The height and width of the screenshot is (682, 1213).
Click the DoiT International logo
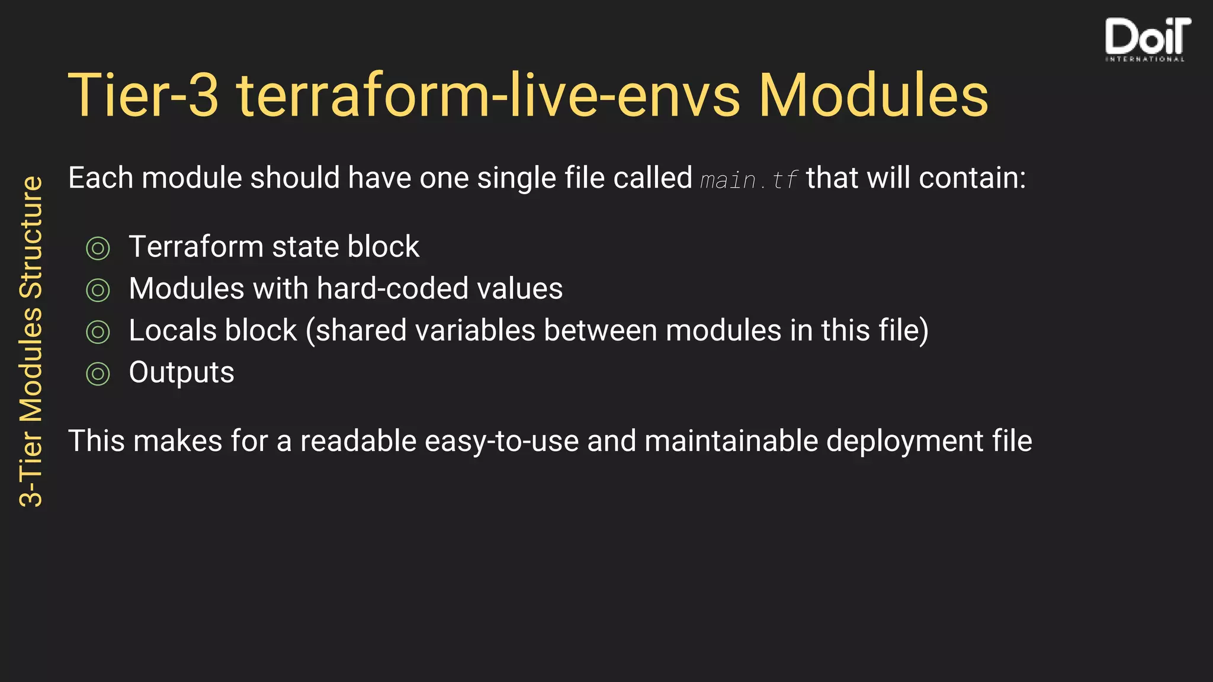pyautogui.click(x=1147, y=39)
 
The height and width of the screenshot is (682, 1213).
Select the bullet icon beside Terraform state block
pyautogui.click(x=98, y=248)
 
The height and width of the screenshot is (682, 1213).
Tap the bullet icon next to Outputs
pyautogui.click(x=98, y=374)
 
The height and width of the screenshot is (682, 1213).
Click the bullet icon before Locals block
pyautogui.click(x=98, y=332)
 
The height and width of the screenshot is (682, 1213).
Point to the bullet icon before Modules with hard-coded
pyautogui.click(x=98, y=290)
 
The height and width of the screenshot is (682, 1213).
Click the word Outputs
pyautogui.click(x=181, y=373)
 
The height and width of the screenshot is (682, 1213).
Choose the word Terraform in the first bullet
pyautogui.click(x=196, y=247)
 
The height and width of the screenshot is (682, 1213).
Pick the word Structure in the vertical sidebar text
pyautogui.click(x=31, y=237)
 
